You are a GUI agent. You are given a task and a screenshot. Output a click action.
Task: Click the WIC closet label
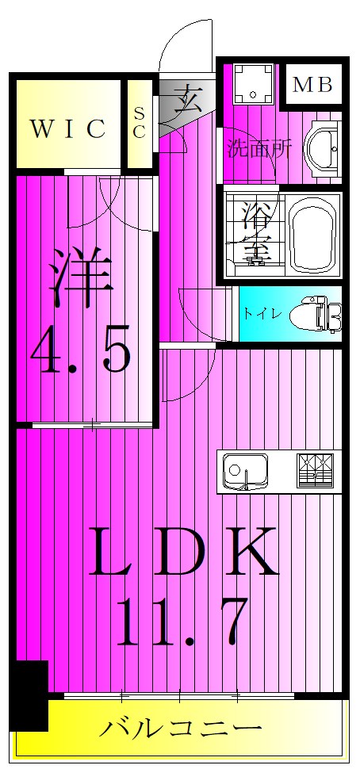click(69, 129)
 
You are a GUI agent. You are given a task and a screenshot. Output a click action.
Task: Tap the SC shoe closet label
click(140, 123)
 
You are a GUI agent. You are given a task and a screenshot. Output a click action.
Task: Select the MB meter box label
click(312, 85)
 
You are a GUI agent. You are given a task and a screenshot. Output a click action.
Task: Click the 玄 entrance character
click(187, 99)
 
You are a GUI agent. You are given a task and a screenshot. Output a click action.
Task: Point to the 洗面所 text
click(260, 148)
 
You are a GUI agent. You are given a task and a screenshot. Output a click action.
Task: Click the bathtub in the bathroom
click(312, 235)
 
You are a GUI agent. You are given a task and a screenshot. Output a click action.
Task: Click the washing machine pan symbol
click(253, 83)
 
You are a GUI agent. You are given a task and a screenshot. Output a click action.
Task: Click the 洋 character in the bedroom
click(81, 278)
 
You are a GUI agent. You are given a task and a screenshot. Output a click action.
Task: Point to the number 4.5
click(82, 349)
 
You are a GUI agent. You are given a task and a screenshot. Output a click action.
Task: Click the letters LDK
click(183, 551)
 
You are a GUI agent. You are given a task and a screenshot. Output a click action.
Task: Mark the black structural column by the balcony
click(30, 695)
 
